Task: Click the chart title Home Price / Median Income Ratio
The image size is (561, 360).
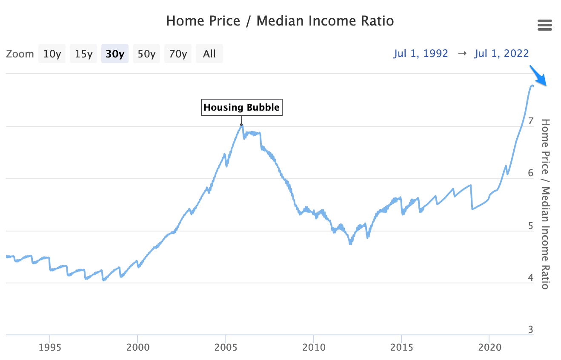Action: point(280,20)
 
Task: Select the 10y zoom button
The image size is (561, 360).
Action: point(52,54)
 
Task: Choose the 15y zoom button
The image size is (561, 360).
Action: point(83,54)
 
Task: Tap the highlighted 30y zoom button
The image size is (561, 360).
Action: point(114,54)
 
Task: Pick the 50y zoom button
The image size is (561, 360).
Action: point(146,54)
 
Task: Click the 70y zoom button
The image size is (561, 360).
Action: point(177,54)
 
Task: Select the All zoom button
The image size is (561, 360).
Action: point(209,54)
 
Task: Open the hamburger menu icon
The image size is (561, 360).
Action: point(545,25)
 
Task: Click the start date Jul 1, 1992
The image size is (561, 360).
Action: point(421,54)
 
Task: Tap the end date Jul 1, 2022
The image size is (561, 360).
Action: point(501,54)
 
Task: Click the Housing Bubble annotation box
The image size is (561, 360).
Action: point(241,107)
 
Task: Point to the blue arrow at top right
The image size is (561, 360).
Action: point(538,76)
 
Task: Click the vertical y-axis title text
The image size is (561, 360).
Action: point(545,204)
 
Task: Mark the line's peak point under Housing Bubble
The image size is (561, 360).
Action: point(241,125)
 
